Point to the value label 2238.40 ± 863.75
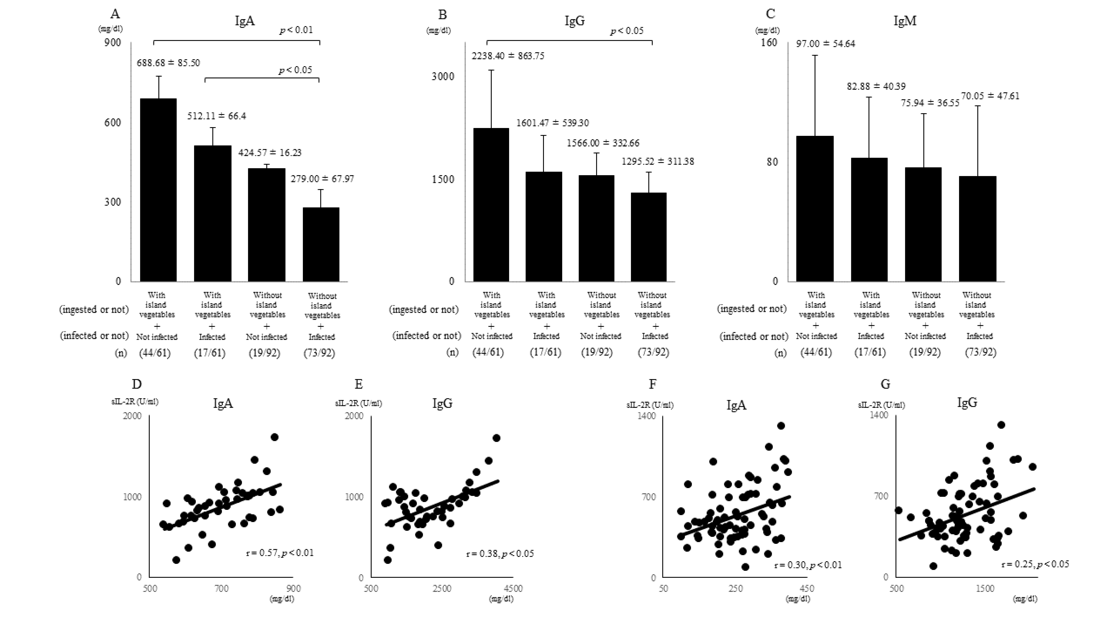coord(508,56)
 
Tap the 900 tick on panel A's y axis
coord(112,42)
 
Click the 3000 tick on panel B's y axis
coord(443,77)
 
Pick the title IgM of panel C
coord(905,21)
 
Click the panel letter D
coord(137,384)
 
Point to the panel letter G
coord(885,384)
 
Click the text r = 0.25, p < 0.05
coord(1035,564)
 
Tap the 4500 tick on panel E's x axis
coord(513,589)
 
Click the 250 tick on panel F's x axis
coord(735,589)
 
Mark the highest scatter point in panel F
coord(781,426)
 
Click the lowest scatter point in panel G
coord(933,566)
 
